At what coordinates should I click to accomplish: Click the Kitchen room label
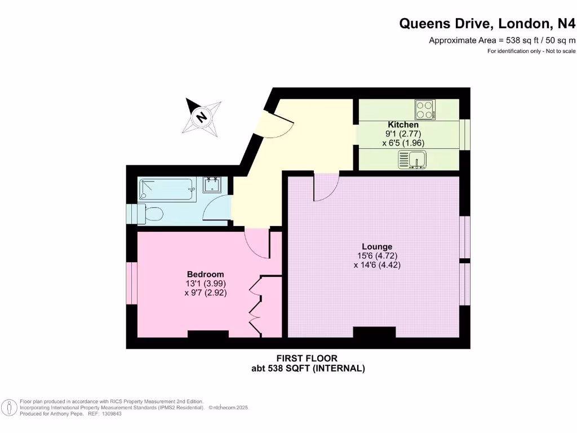(x=403, y=125)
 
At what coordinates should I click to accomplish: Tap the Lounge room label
(x=377, y=246)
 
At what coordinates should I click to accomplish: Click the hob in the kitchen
(x=425, y=109)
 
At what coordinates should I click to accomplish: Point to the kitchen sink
(x=413, y=159)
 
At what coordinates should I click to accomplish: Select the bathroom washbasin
(x=212, y=185)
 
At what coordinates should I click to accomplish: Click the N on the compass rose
(x=201, y=117)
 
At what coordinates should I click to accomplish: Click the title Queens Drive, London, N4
(x=488, y=23)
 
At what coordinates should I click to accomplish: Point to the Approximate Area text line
(x=502, y=40)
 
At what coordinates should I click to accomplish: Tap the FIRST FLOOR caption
(x=307, y=359)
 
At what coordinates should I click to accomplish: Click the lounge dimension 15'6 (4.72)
(x=377, y=255)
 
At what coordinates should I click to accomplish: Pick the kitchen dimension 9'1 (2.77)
(x=403, y=134)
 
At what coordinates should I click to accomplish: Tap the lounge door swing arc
(x=326, y=187)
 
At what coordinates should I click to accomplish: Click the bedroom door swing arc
(x=257, y=244)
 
